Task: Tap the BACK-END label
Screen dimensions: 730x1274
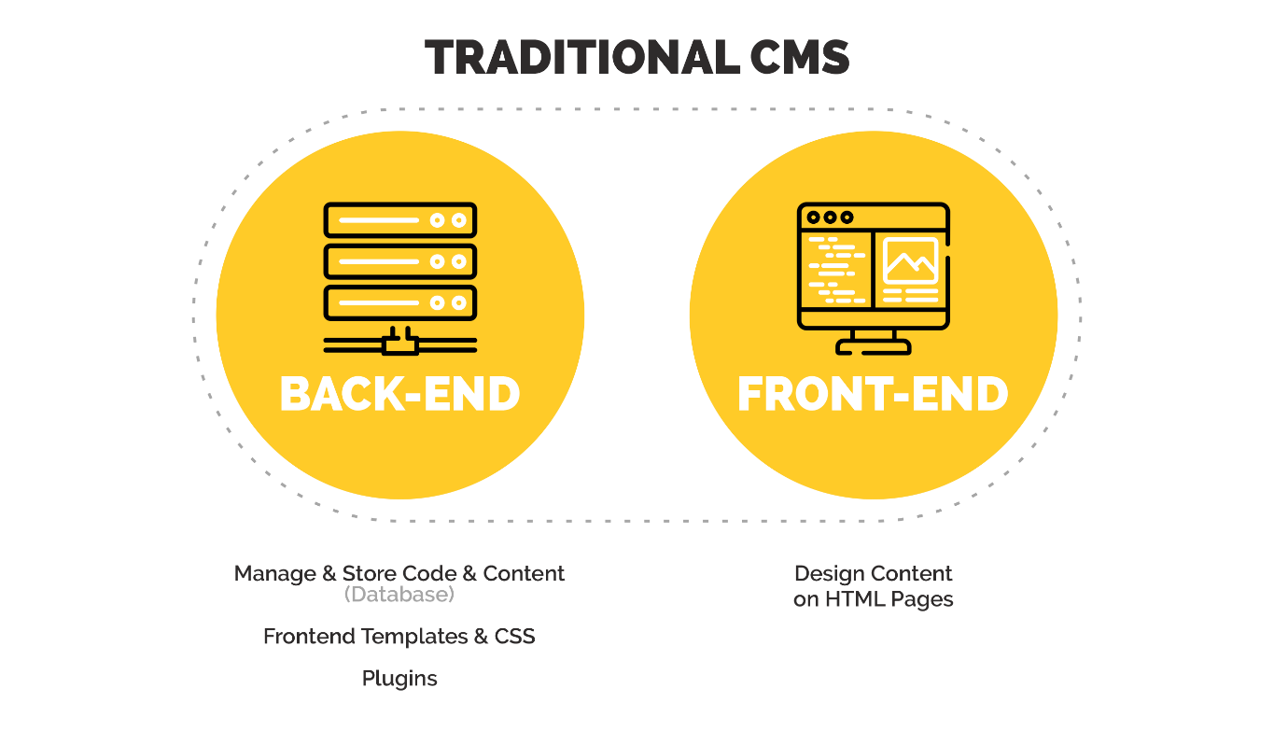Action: (399, 394)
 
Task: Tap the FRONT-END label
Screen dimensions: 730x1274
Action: (873, 394)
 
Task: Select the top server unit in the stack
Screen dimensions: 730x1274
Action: (399, 220)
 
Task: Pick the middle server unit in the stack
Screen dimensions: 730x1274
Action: (399, 261)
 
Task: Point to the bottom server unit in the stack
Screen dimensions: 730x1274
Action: (399, 302)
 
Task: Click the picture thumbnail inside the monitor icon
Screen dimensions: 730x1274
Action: (910, 260)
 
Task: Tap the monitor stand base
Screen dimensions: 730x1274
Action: (873, 347)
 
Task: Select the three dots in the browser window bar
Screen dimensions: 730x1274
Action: (830, 218)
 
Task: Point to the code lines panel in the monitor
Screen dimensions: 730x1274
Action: (835, 271)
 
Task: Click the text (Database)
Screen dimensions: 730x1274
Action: (399, 594)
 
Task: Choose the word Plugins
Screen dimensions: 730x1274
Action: (399, 679)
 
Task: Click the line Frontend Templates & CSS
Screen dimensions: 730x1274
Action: (399, 637)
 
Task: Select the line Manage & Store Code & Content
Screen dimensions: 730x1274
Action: (399, 573)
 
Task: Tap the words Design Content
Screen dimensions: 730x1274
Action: (873, 573)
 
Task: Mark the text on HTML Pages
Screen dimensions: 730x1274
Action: (873, 599)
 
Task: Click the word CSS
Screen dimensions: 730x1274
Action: (514, 637)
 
